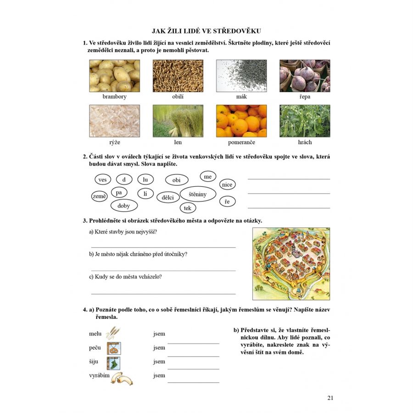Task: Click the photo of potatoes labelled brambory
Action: (115, 76)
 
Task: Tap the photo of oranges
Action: (241, 121)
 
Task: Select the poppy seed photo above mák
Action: (241, 76)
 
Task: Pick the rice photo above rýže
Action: (115, 121)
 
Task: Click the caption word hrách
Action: (305, 142)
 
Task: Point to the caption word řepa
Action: (305, 97)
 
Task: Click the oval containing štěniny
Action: (198, 194)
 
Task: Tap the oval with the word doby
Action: (124, 206)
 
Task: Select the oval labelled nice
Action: (227, 184)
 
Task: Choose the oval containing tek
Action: (188, 208)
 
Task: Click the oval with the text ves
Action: (103, 179)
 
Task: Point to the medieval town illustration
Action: (291, 264)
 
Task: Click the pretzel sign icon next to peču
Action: (114, 348)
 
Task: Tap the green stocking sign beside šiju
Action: (113, 363)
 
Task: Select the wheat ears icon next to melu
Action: (113, 333)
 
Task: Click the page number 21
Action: (330, 398)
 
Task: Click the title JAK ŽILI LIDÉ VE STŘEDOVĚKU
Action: (206, 31)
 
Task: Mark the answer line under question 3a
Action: (163, 248)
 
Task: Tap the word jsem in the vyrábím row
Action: (159, 375)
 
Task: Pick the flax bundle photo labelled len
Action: (178, 121)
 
